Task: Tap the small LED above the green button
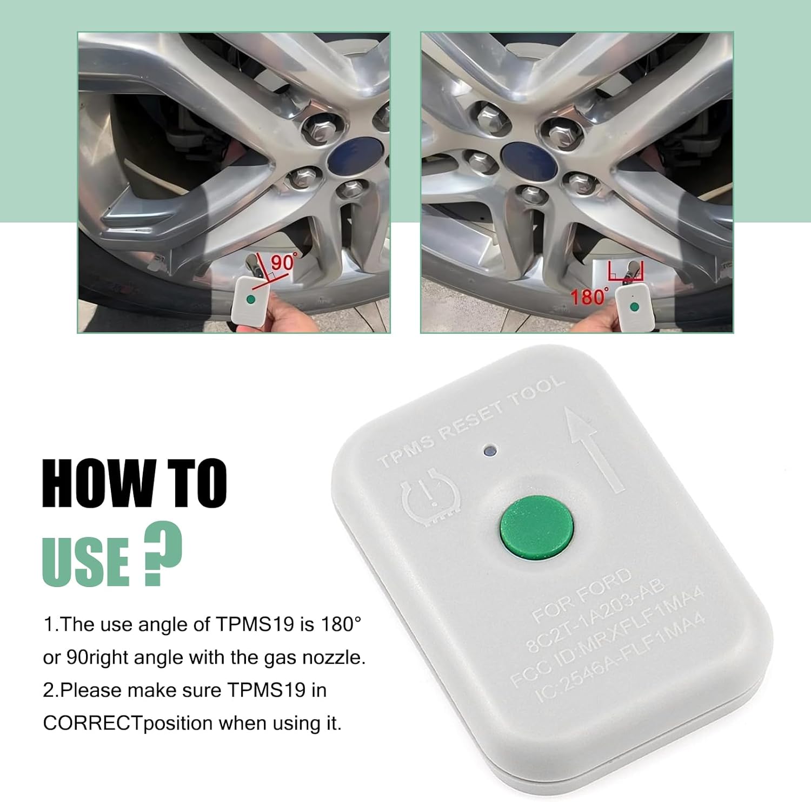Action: [490, 450]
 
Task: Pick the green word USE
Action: [85, 562]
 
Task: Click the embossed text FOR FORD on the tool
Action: [581, 595]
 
